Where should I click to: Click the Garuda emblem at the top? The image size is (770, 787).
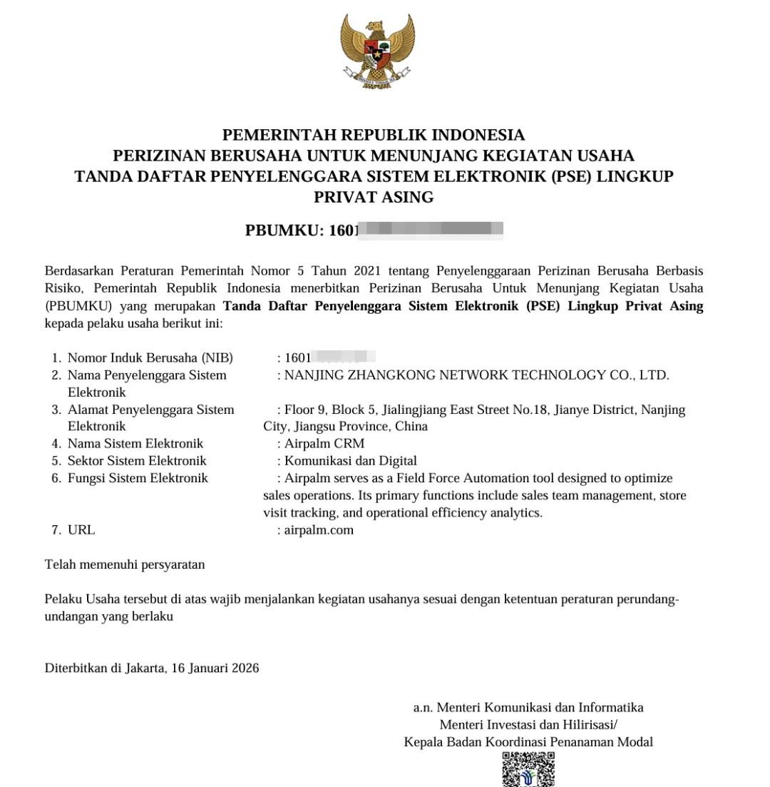pyautogui.click(x=377, y=51)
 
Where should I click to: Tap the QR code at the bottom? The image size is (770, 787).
pyautogui.click(x=528, y=770)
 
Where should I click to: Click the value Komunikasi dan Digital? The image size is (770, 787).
pyautogui.click(x=350, y=461)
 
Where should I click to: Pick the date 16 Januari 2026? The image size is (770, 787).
pyautogui.click(x=215, y=669)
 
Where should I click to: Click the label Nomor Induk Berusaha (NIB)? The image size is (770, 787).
pyautogui.click(x=150, y=358)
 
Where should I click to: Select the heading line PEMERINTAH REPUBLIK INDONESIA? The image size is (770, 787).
pyautogui.click(x=374, y=136)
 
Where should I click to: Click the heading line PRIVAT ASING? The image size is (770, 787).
pyautogui.click(x=374, y=198)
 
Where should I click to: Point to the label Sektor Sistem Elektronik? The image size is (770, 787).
pyautogui.click(x=137, y=461)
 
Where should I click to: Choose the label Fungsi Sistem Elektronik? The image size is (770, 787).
pyautogui.click(x=138, y=478)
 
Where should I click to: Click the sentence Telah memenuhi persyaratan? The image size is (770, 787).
pyautogui.click(x=125, y=565)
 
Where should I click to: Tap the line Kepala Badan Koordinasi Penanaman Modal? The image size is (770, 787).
pyautogui.click(x=528, y=742)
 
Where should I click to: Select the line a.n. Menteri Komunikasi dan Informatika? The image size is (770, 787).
pyautogui.click(x=528, y=708)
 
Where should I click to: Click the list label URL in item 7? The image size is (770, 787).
pyautogui.click(x=81, y=530)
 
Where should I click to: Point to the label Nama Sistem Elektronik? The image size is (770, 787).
pyautogui.click(x=135, y=444)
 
